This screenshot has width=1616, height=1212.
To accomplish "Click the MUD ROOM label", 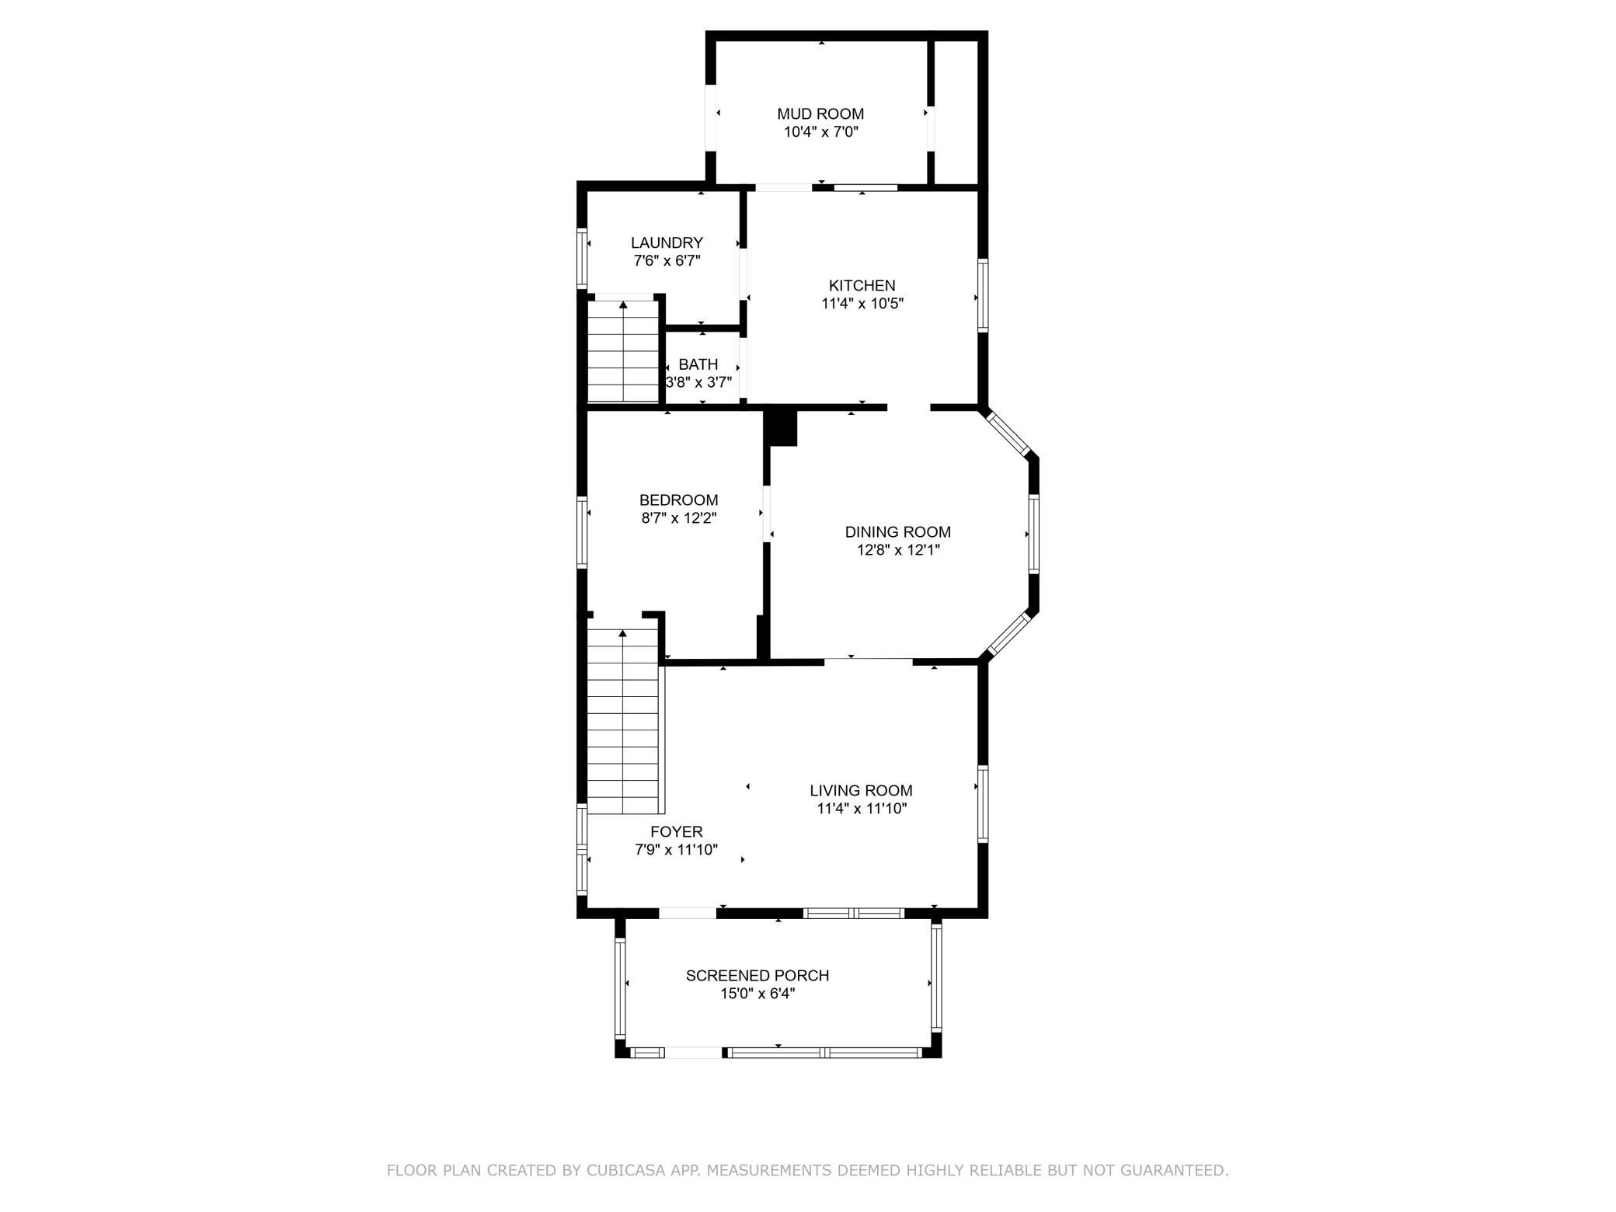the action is (x=820, y=114).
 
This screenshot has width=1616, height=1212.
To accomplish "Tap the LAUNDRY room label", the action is (x=667, y=243).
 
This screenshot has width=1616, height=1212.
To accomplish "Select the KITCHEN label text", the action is (x=862, y=286).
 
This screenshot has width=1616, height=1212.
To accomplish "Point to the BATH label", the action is (x=698, y=364).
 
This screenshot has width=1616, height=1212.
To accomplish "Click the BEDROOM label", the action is (x=678, y=500).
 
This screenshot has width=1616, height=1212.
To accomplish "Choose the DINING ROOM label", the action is (x=897, y=532).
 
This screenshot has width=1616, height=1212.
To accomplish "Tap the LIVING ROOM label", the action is (x=861, y=791).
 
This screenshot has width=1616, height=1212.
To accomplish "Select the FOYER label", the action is (x=676, y=832).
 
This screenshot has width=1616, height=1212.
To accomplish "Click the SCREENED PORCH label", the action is (x=757, y=976).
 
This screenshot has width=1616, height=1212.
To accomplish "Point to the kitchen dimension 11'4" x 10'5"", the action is (x=862, y=304).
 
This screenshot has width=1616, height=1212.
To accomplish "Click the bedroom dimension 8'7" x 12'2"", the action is (x=678, y=518).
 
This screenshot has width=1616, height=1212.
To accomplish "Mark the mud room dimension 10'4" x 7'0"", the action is (x=820, y=132).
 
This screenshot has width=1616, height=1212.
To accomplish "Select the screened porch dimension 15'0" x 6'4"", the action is (x=757, y=994).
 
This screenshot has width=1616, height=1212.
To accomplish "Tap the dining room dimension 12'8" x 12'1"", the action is (x=897, y=550).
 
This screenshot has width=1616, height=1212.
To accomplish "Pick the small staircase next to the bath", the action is (x=623, y=351).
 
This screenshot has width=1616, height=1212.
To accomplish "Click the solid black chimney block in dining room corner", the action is (x=782, y=428).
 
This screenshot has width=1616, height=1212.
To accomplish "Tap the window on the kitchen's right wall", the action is (x=983, y=295).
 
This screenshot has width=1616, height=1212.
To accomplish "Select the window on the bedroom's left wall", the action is (x=581, y=531).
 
